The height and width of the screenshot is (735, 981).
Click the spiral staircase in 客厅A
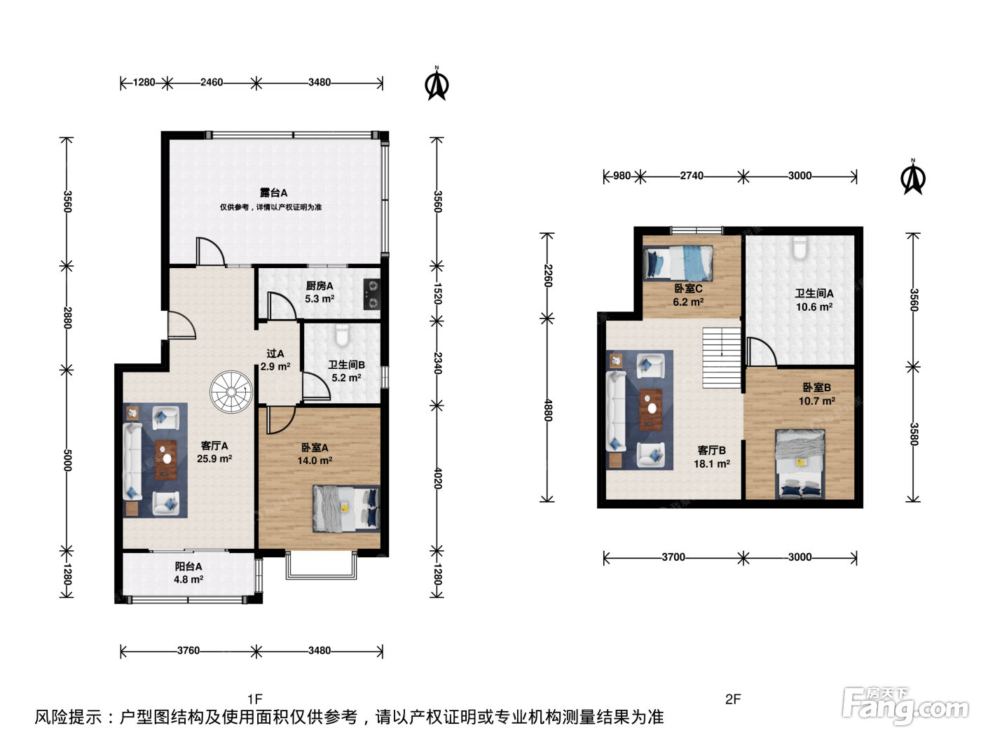click(231, 392)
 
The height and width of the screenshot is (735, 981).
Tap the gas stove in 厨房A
click(372, 294)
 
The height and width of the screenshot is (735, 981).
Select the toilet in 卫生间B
click(343, 335)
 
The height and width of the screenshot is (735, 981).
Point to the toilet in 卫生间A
click(799, 248)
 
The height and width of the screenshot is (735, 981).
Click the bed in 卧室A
click(346, 509)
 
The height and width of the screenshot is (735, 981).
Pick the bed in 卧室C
click(678, 264)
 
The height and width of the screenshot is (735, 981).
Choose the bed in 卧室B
click(800, 464)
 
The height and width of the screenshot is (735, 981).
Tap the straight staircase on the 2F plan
click(722, 358)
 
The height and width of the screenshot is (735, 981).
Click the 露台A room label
click(273, 192)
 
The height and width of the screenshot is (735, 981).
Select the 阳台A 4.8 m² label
click(188, 573)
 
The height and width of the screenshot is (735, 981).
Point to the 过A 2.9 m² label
click(275, 360)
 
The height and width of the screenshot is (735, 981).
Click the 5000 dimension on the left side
click(67, 460)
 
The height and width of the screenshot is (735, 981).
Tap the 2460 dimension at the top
click(212, 83)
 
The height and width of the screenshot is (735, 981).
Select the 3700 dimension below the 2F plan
click(673, 557)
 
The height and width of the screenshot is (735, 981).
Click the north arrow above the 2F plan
click(912, 176)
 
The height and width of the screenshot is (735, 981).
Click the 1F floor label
click(255, 699)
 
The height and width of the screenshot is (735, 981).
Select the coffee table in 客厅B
click(650, 410)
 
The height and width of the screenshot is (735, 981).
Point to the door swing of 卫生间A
click(762, 351)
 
